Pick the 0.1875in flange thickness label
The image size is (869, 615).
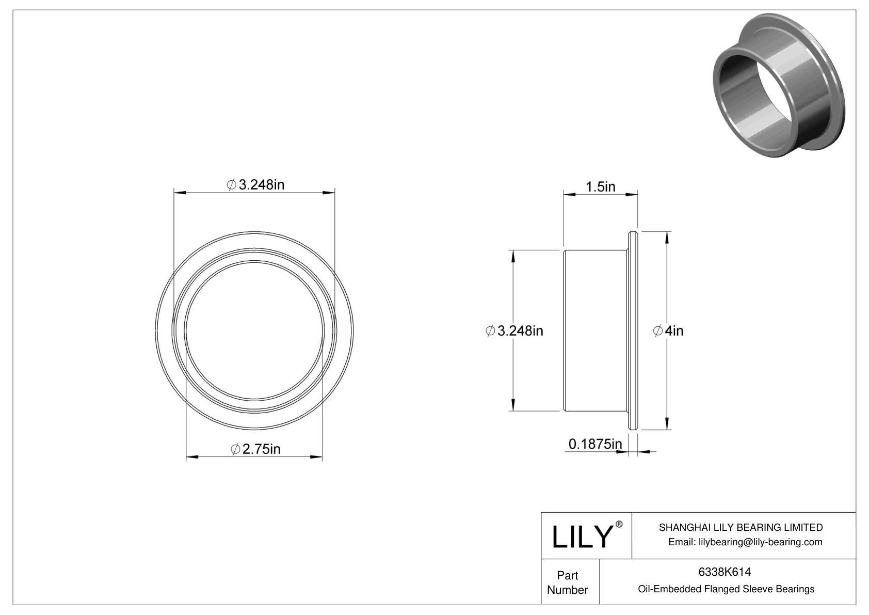coord(595,444)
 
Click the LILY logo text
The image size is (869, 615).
coord(582,537)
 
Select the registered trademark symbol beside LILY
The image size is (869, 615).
coord(619,524)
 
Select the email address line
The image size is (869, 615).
coord(745,542)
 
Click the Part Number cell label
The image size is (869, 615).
coord(567,582)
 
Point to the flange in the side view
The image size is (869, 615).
coord(633,330)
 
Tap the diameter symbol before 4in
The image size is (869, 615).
coord(658,331)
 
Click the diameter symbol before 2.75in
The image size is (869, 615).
coord(235,449)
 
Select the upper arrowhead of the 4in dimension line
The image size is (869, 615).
coord(668,237)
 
